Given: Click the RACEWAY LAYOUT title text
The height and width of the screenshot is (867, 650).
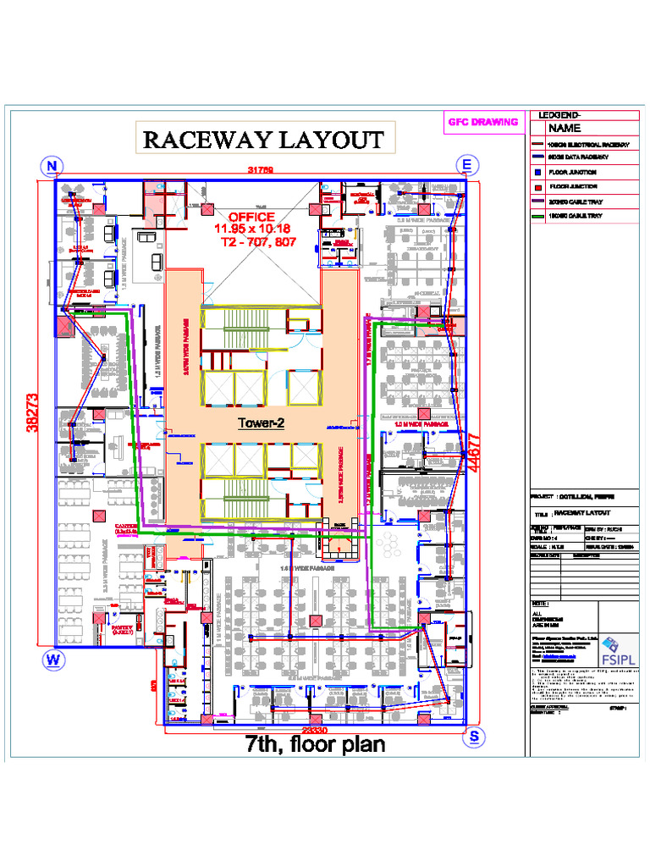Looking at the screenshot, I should pyautogui.click(x=262, y=140).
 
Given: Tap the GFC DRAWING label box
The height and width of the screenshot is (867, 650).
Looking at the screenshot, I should pyautogui.click(x=482, y=122).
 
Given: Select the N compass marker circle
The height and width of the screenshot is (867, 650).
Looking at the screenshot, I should pyautogui.click(x=53, y=164).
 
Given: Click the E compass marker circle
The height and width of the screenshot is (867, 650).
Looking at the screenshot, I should pyautogui.click(x=467, y=164).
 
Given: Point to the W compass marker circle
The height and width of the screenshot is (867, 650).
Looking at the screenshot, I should pyautogui.click(x=51, y=658).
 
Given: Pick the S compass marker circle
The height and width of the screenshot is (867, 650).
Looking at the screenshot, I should pyautogui.click(x=476, y=737).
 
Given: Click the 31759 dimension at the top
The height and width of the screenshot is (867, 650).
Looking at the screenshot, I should pyautogui.click(x=261, y=170).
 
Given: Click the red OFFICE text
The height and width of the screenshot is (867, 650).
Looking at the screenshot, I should pyautogui.click(x=251, y=217).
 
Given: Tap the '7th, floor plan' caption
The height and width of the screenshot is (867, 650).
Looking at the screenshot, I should pyautogui.click(x=315, y=745).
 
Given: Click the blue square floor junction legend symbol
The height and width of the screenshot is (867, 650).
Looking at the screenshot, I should pyautogui.click(x=537, y=171).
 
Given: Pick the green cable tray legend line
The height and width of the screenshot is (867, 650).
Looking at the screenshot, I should pyautogui.click(x=537, y=217).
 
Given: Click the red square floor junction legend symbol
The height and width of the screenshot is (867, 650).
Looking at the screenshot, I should pyautogui.click(x=537, y=186).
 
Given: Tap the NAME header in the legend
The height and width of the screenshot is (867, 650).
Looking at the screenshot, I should pyautogui.click(x=565, y=129).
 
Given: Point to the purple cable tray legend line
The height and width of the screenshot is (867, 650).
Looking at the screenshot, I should pyautogui.click(x=537, y=202).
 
